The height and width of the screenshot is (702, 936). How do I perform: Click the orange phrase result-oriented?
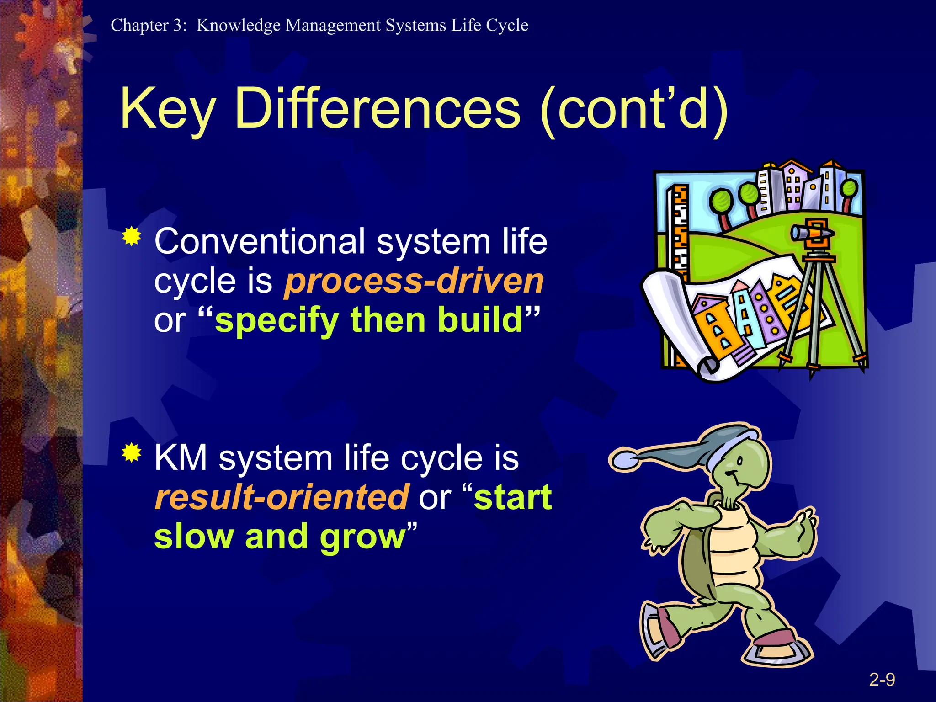click(282, 497)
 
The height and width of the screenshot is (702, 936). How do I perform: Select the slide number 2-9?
click(882, 680)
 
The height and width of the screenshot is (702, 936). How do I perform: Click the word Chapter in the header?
click(139, 25)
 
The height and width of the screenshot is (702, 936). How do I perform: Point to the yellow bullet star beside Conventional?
click(132, 236)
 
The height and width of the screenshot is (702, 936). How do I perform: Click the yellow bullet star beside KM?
click(132, 453)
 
